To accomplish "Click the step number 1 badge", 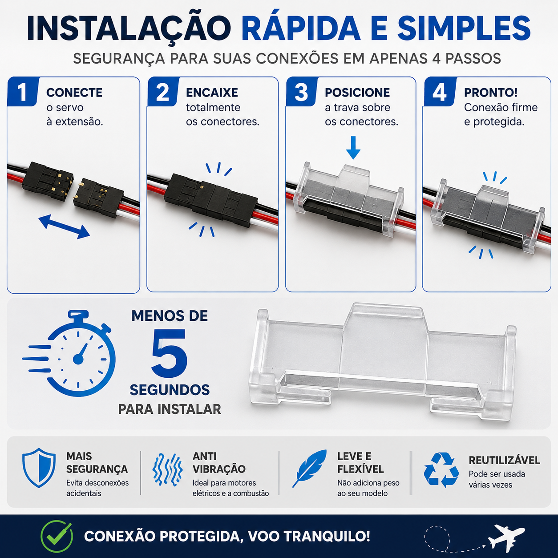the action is [x=23, y=92].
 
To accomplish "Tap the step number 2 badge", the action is [x=163, y=92].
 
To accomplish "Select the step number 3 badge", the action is [x=301, y=92].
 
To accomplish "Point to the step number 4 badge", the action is [x=440, y=92].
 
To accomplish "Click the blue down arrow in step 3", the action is [x=353, y=148].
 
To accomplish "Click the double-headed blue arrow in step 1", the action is [x=64, y=226].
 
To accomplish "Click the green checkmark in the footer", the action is [x=57, y=536].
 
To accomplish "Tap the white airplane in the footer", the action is [x=506, y=537].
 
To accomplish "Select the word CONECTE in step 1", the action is [x=74, y=93].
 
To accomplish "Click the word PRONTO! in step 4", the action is [x=491, y=93].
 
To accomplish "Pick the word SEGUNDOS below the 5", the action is [x=170, y=390].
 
